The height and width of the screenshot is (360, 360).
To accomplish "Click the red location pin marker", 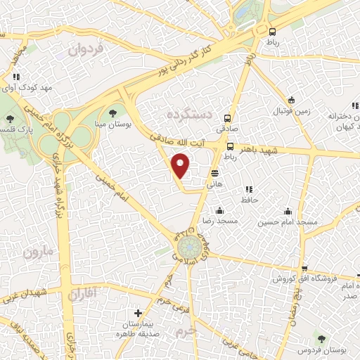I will click(181, 165).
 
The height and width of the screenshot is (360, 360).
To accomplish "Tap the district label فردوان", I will click(86, 50).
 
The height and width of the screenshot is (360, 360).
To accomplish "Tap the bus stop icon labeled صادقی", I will click(227, 119).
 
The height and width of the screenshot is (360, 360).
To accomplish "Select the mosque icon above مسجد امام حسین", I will click(288, 211).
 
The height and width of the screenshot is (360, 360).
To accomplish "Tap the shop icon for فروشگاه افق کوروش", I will click(304, 269).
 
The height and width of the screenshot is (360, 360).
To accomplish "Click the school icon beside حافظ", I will click(247, 189).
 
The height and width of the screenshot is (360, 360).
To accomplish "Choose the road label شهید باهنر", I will click(262, 150).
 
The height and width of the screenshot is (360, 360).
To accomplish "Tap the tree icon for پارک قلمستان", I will click(9, 119).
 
